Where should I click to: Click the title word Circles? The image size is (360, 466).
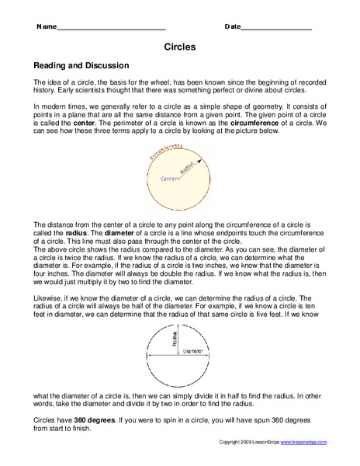click(179, 47)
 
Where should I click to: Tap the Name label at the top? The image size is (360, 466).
click(45, 27)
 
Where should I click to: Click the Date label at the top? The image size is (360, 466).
click(232, 27)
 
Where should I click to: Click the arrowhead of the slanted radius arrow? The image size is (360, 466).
click(208, 162)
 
